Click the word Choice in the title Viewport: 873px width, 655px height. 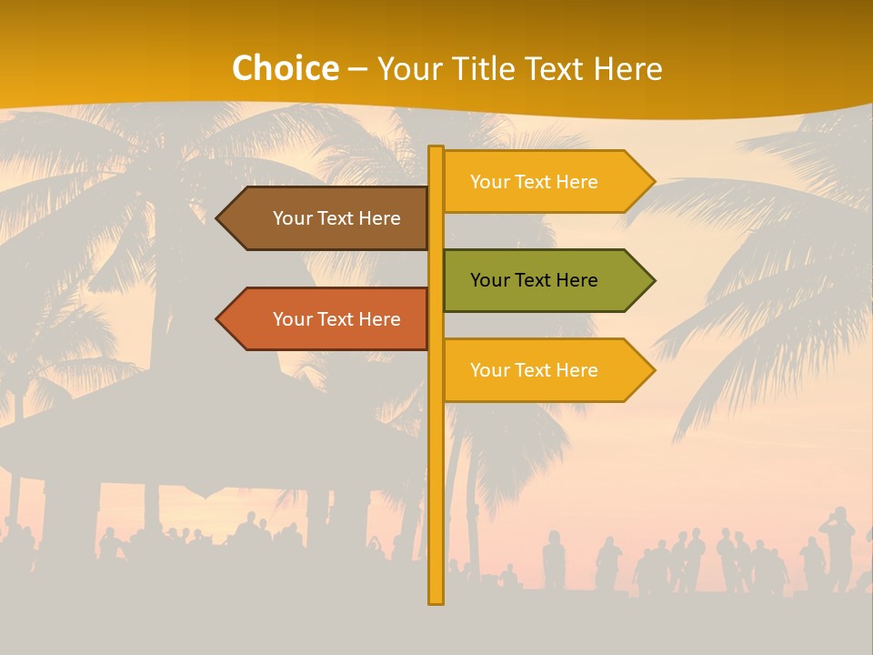[x=285, y=69]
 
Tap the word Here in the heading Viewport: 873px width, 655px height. [x=627, y=69]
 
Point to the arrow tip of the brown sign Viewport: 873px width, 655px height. [x=219, y=218]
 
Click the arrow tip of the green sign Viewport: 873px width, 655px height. [x=652, y=280]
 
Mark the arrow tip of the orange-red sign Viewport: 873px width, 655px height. [x=219, y=319]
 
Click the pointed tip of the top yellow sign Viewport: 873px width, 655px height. [x=652, y=182]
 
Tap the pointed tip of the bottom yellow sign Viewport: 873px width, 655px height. [x=652, y=370]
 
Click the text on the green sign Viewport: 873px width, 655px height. [x=534, y=280]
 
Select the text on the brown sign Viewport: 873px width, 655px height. [x=336, y=218]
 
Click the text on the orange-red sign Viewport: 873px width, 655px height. [x=336, y=319]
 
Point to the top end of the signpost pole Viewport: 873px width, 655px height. [x=436, y=149]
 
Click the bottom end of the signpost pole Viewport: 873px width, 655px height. [x=436, y=600]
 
